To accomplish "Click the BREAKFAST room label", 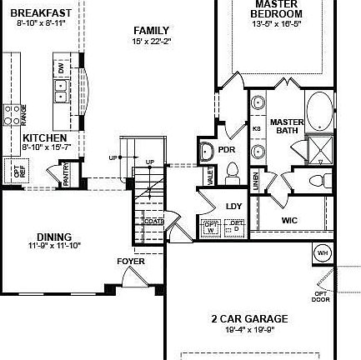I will (x=40, y=12).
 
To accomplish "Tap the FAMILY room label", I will (x=151, y=31).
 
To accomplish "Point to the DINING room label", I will (x=54, y=237).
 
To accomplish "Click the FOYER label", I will (x=131, y=262).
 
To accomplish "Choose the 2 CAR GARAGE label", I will (x=249, y=318).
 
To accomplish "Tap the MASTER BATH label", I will (x=287, y=126).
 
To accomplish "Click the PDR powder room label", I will (x=227, y=150).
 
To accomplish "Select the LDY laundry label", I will (x=233, y=206).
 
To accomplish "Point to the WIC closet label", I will (x=289, y=221).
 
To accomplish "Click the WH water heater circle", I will (x=323, y=252).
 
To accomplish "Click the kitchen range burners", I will (x=12, y=114).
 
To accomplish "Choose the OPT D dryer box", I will (x=236, y=227).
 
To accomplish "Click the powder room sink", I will (x=206, y=152).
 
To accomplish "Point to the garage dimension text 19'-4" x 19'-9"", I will (x=249, y=328).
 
